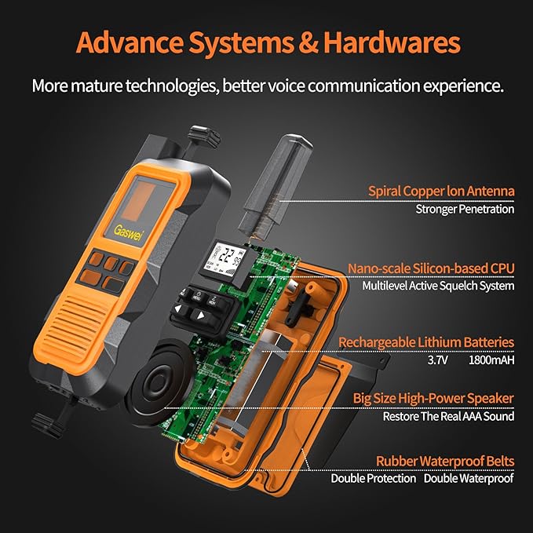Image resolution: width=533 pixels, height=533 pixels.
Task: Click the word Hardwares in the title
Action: click(392, 42)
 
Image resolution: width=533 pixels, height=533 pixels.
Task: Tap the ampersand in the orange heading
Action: click(308, 43)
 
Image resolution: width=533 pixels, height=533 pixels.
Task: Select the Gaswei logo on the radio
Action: click(127, 233)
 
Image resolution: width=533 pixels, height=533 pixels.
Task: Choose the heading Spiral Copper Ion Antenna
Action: click(441, 191)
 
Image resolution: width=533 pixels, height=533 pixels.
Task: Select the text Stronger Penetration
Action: click(465, 209)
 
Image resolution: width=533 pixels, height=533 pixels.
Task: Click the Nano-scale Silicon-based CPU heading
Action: click(431, 268)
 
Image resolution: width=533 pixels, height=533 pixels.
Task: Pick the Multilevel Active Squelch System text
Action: click(438, 286)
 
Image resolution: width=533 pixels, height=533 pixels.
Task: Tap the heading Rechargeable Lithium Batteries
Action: click(426, 342)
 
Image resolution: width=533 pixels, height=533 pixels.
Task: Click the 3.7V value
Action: click(438, 360)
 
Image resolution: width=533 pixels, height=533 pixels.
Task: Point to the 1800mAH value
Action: click(491, 360)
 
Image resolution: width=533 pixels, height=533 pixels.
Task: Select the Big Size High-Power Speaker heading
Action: click(433, 398)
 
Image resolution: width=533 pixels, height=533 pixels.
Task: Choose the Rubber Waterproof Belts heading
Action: click(445, 462)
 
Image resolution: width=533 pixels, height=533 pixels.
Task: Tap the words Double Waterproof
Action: click(469, 478)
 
